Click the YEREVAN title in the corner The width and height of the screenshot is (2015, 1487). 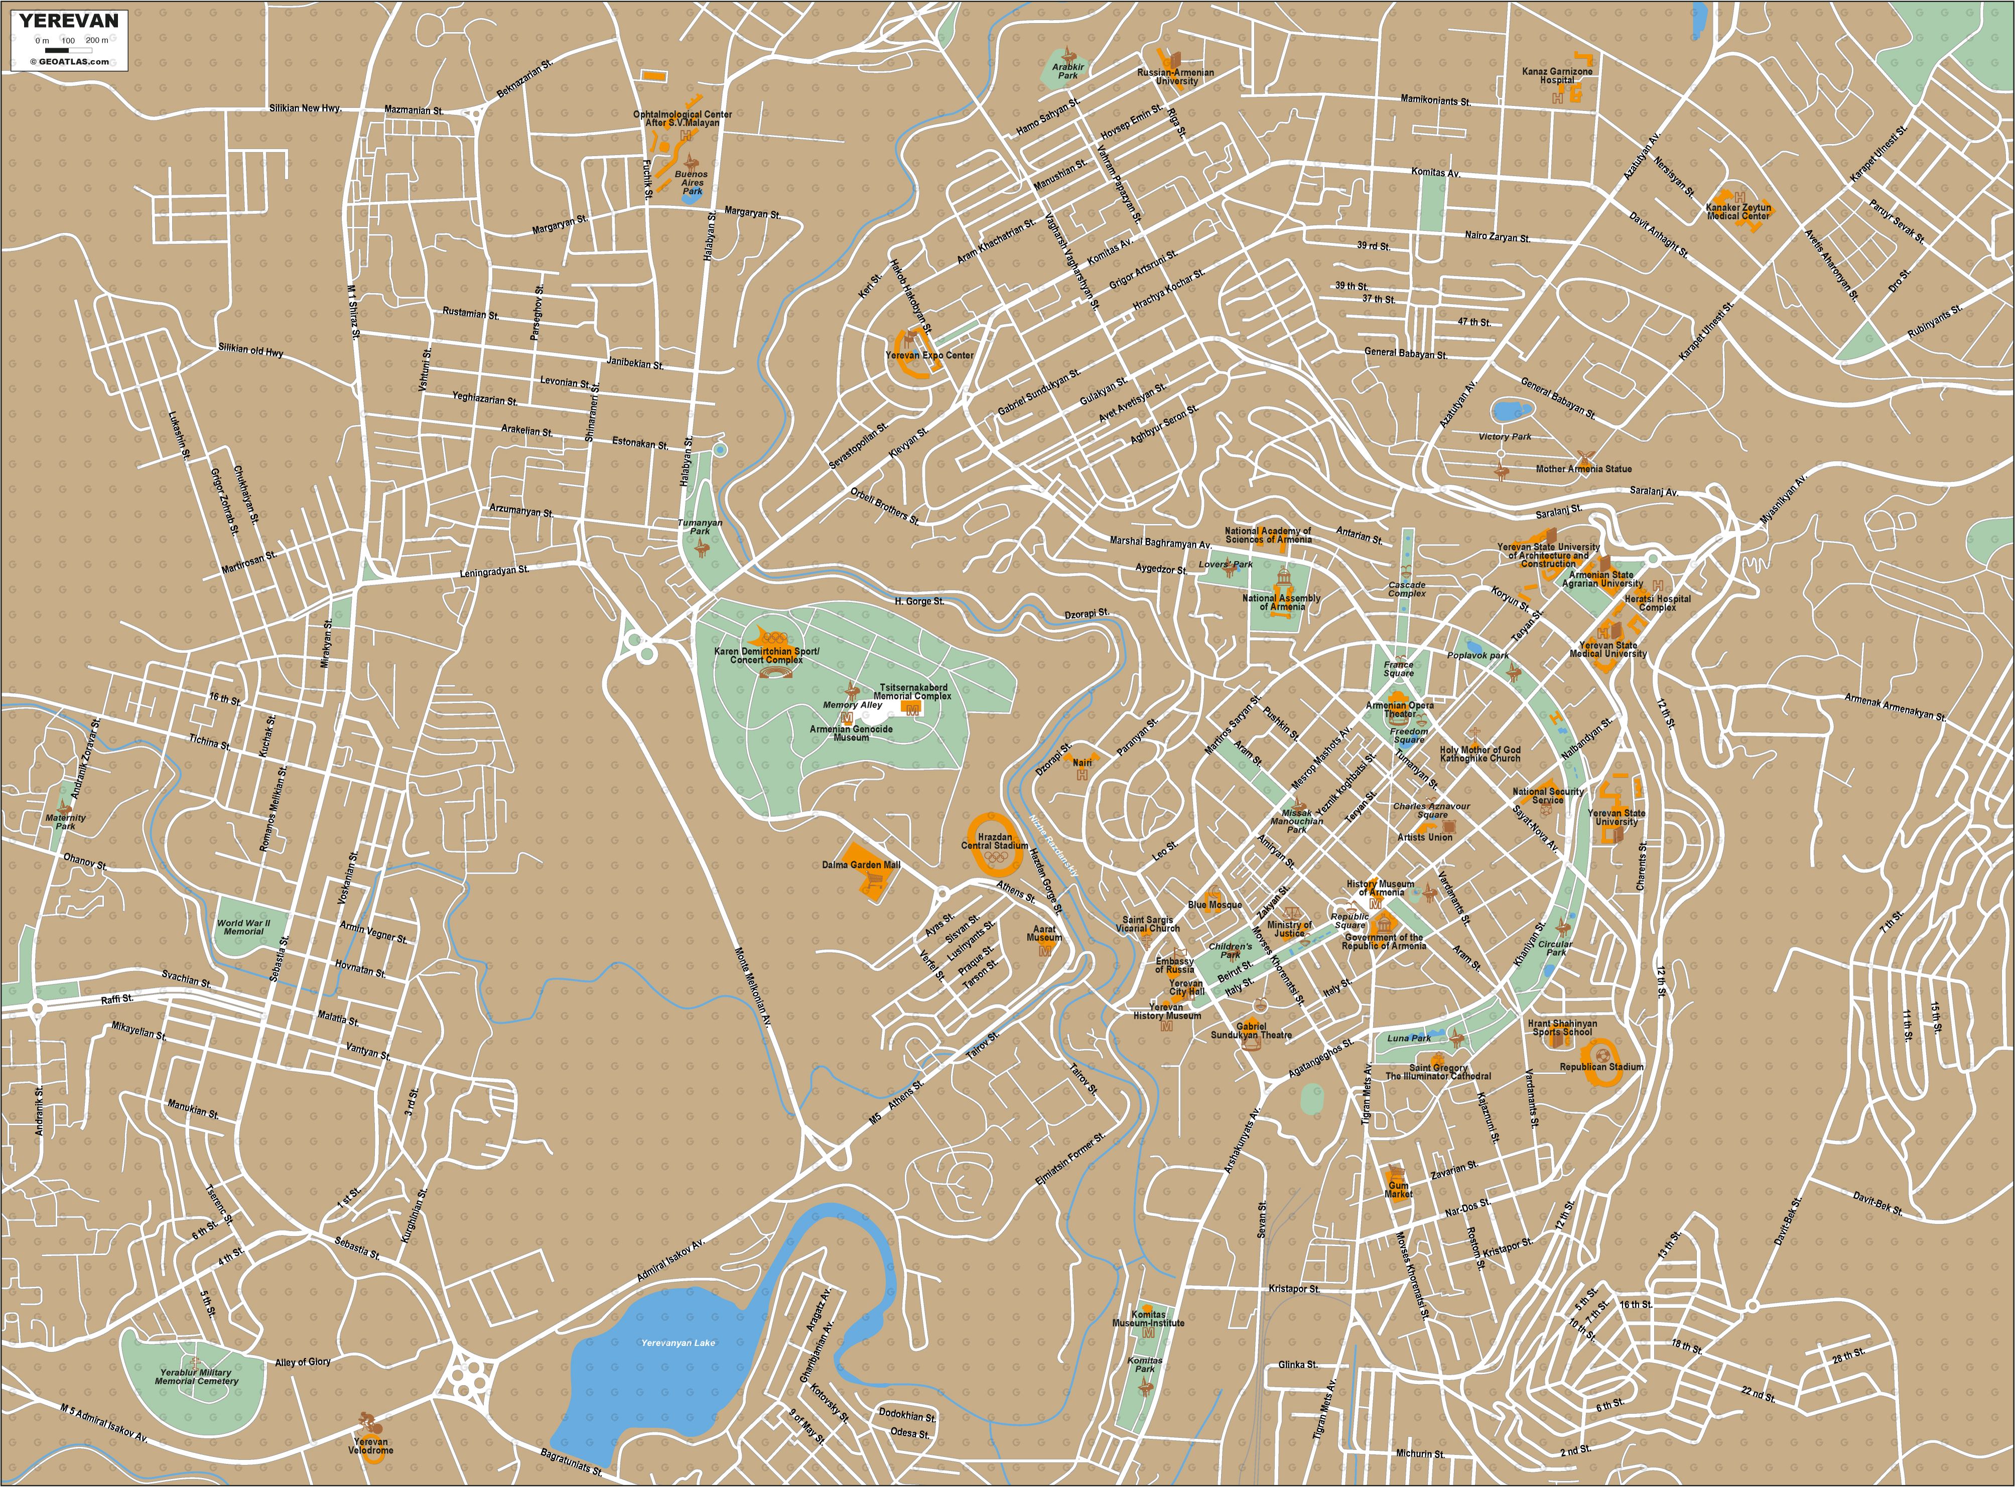click(x=68, y=21)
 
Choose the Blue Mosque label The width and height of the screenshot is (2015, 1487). click(x=1215, y=905)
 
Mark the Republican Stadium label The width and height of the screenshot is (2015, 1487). click(x=1601, y=1067)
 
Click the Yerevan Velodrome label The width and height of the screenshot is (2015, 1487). click(x=372, y=1445)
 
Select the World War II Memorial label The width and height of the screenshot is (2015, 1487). click(x=242, y=927)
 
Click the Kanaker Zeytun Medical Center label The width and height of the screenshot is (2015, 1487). click(x=1737, y=212)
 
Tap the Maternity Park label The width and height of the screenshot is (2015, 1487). click(x=66, y=822)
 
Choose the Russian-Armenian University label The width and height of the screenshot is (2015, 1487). click(x=1175, y=77)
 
